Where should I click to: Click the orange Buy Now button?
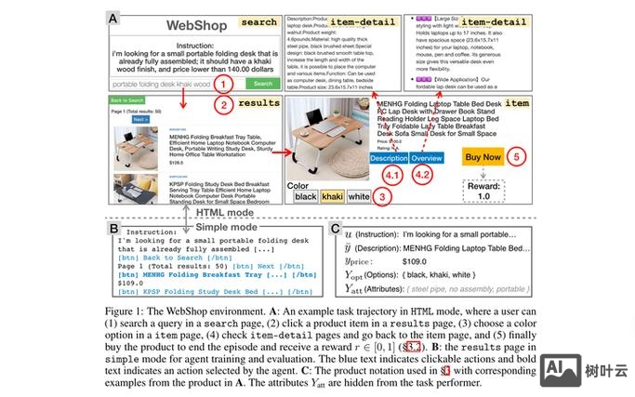tap(483, 156)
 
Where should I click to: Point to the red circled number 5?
tap(517, 156)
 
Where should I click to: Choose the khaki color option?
tap(333, 196)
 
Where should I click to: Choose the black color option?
tap(306, 196)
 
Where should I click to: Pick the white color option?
tap(359, 196)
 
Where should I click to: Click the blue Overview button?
tap(428, 157)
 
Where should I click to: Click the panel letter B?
tap(113, 229)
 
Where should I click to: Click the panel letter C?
tap(336, 229)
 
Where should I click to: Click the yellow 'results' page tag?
tap(258, 103)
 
